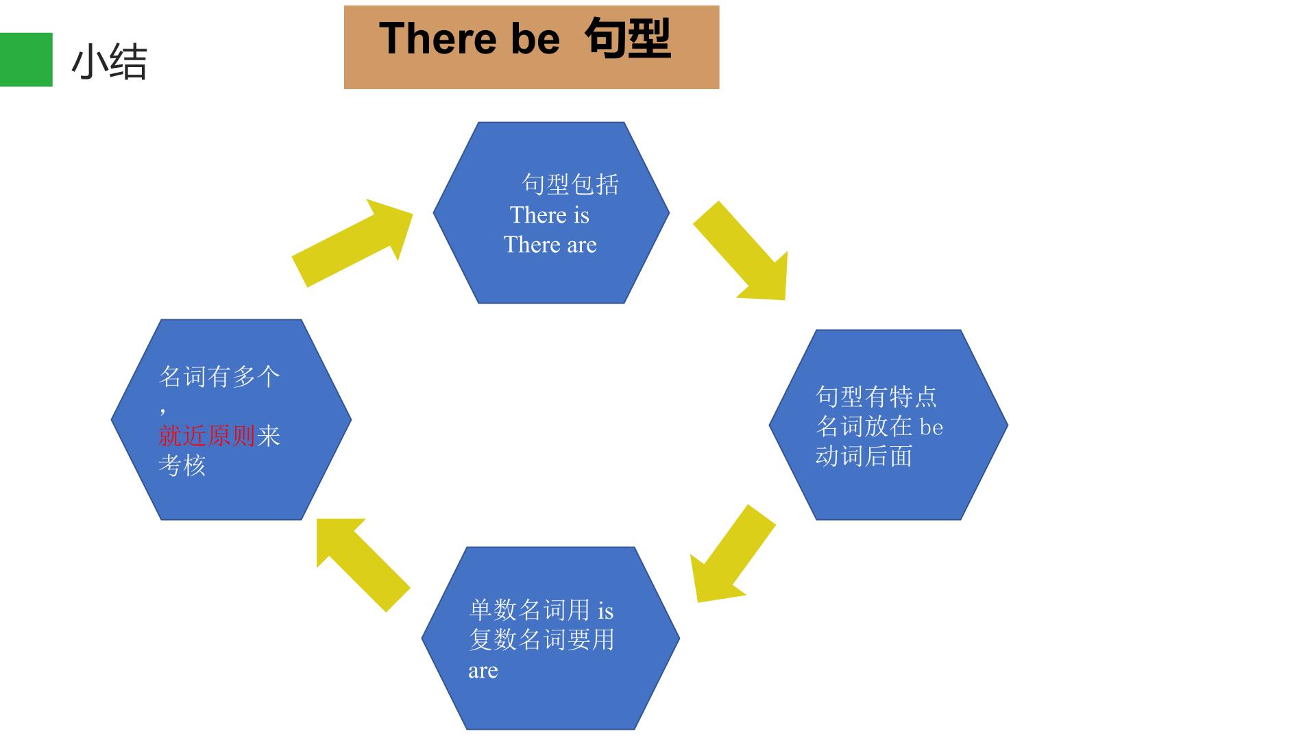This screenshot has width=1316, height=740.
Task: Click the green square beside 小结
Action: (26, 60)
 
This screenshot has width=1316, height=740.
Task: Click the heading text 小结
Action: (110, 62)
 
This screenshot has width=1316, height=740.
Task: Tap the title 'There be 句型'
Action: (525, 38)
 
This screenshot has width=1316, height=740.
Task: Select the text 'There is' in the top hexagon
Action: (550, 215)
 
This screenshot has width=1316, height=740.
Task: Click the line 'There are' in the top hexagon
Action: (550, 245)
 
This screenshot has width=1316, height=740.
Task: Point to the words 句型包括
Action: (571, 184)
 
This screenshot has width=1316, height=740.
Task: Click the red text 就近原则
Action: (207, 436)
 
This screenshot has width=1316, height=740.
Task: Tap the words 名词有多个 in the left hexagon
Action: (219, 376)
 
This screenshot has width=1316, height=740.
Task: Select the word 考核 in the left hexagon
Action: (182, 466)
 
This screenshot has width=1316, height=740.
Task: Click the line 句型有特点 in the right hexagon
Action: (876, 396)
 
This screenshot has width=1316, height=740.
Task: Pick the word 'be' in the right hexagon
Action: (931, 427)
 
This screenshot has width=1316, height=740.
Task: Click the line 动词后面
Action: (864, 456)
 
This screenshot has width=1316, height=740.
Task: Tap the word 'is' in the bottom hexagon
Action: (605, 610)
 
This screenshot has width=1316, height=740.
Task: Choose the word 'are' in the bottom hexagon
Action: (483, 671)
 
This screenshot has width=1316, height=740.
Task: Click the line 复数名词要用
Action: (541, 639)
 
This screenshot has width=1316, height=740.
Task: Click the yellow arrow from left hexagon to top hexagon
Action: (352, 243)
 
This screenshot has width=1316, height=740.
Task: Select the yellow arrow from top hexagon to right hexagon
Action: (740, 251)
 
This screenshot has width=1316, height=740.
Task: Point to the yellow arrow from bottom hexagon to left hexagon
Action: (363, 565)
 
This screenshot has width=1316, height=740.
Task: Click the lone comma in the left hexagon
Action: (162, 411)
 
